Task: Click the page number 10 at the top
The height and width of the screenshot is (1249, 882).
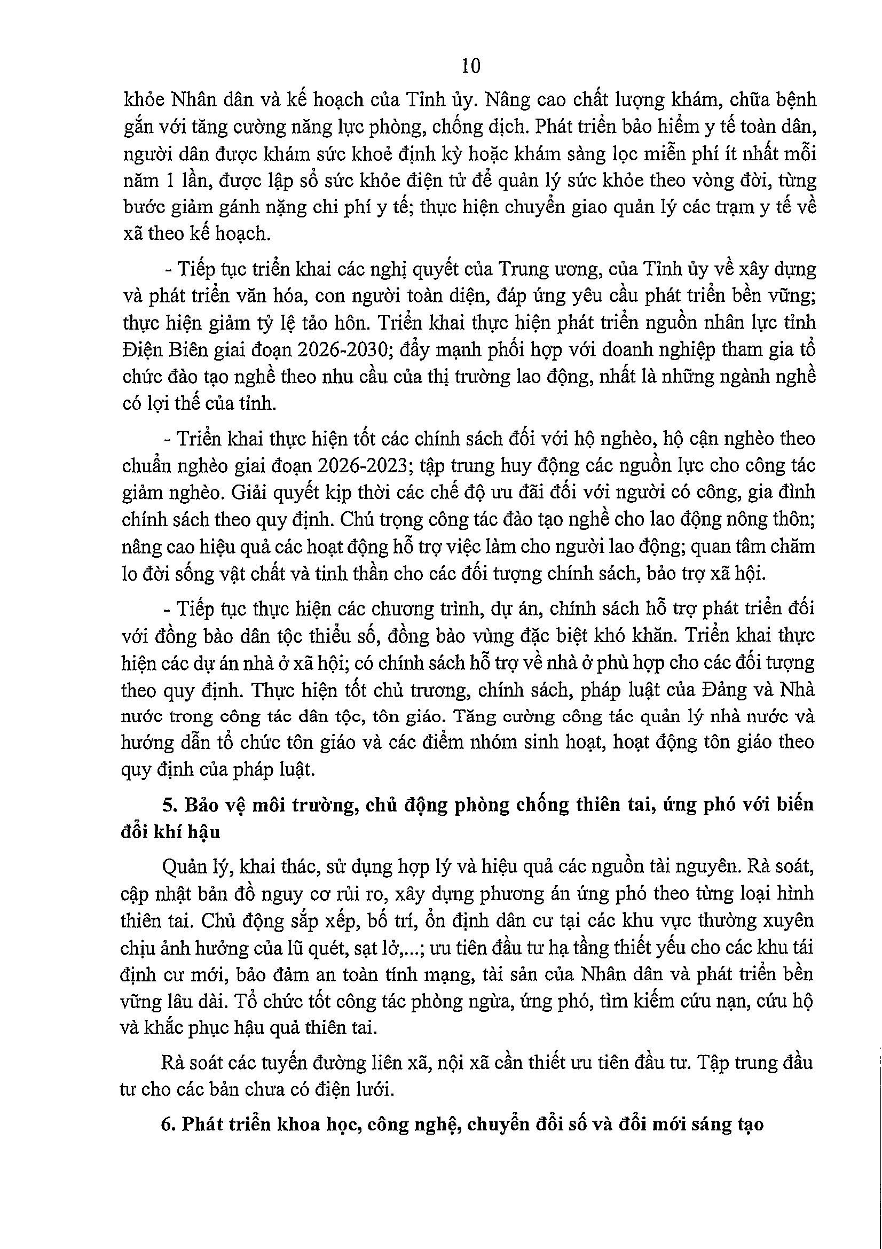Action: (470, 66)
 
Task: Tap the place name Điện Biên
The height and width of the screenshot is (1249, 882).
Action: (165, 349)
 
